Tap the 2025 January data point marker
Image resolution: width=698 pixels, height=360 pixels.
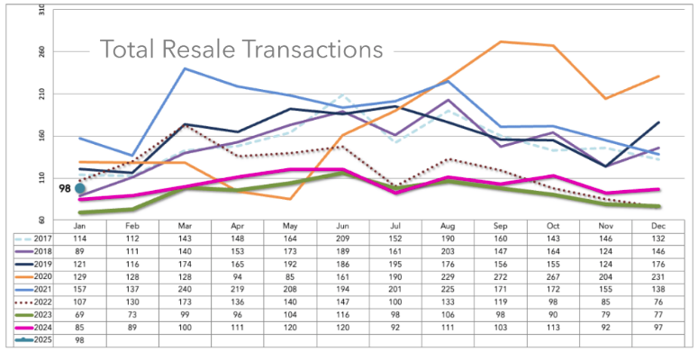pyautogui.click(x=80, y=188)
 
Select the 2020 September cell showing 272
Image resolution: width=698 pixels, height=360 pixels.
pyautogui.click(x=501, y=277)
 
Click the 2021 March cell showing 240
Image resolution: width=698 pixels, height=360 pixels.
pyautogui.click(x=186, y=289)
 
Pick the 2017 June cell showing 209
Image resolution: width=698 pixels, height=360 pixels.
pyautogui.click(x=342, y=239)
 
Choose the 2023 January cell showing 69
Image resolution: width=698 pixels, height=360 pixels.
pyautogui.click(x=80, y=315)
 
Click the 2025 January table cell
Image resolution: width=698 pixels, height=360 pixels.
pyautogui.click(x=80, y=340)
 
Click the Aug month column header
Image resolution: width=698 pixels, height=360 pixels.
pyautogui.click(x=449, y=226)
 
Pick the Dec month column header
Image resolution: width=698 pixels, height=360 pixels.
pyautogui.click(x=658, y=226)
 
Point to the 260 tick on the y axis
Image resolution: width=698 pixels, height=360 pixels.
pyautogui.click(x=44, y=51)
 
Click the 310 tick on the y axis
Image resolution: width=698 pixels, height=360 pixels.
pyautogui.click(x=44, y=10)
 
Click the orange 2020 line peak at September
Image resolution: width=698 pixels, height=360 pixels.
pyautogui.click(x=501, y=41)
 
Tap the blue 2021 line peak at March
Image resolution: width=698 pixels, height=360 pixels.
pyautogui.click(x=186, y=68)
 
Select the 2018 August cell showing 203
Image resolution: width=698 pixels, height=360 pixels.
pyautogui.click(x=449, y=251)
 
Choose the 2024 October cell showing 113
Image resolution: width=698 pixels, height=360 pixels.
pyautogui.click(x=553, y=328)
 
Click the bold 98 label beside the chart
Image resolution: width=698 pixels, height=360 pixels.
pyautogui.click(x=65, y=189)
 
